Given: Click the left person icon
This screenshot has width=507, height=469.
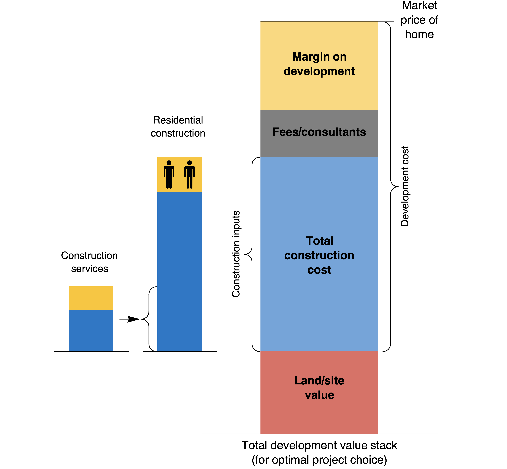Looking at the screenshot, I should [x=169, y=175].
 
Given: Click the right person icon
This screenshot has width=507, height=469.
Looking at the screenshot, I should [x=190, y=175].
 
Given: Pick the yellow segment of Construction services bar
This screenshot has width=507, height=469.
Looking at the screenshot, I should [x=91, y=298].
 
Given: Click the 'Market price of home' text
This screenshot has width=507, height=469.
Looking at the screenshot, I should [x=419, y=20].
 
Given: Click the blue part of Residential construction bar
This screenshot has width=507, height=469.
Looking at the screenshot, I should [x=179, y=271].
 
